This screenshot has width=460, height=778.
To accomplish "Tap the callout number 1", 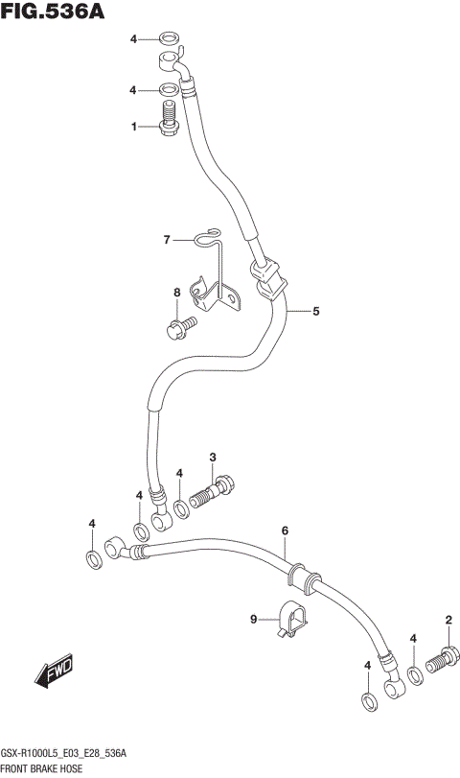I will coord(135,126).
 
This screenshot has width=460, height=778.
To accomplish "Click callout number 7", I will coord(166,239).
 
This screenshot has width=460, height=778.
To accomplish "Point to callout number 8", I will coord(177,293).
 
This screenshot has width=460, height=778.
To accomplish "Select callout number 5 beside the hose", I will coord(315,311).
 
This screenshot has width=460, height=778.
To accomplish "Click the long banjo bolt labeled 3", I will coord(214,490).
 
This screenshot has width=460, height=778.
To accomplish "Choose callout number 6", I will coord(285,530).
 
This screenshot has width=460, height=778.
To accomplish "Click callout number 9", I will coord(254,620).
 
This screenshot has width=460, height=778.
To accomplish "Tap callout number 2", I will coord(448,620).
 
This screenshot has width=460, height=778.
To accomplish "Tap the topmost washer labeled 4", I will coord(169,39).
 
